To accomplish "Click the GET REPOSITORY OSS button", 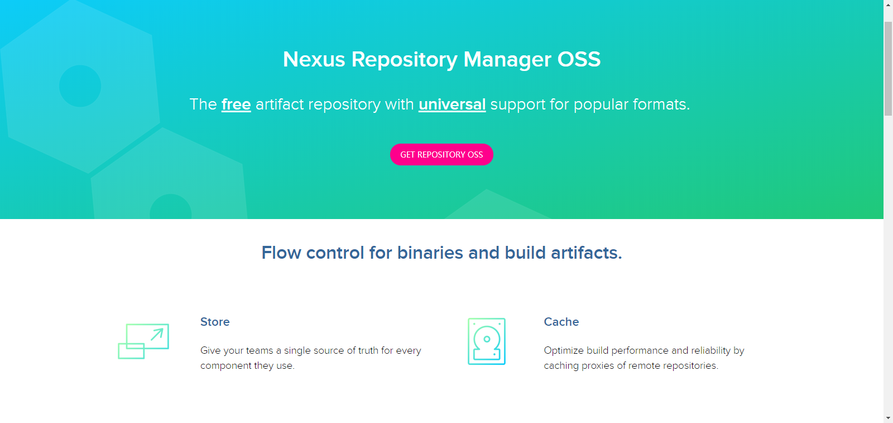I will [x=441, y=155].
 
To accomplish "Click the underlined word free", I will [x=236, y=104].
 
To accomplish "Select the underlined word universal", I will [x=452, y=104].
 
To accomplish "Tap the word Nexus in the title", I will [x=314, y=59].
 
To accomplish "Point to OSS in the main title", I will [x=579, y=59].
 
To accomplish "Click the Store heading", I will [x=215, y=322].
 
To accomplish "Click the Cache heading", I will [x=561, y=322].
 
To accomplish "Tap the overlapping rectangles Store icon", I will [x=143, y=341].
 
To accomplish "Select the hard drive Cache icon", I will [x=487, y=341].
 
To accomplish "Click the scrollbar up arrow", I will [x=888, y=4].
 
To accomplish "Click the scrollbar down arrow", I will [x=888, y=418].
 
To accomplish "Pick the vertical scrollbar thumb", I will [x=888, y=67].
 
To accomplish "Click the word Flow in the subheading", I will [x=281, y=253].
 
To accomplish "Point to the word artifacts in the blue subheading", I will [x=586, y=253].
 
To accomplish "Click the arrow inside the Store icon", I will [x=157, y=334].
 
